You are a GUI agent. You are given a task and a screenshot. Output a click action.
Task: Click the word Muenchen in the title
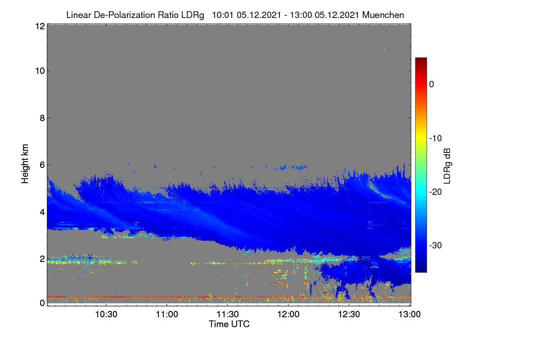tap(383, 15)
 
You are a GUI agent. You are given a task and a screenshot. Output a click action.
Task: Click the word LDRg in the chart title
tap(193, 15)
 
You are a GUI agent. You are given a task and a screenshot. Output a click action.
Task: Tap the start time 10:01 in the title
tap(223, 15)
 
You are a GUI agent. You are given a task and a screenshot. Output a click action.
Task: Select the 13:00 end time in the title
tap(301, 15)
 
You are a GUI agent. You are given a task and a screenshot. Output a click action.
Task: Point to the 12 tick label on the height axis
tap(40, 26)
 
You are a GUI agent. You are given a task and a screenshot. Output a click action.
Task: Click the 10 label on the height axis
tap(40, 71)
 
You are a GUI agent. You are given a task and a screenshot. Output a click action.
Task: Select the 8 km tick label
tap(42, 118)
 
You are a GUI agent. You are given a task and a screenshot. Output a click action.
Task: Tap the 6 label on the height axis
tap(42, 165)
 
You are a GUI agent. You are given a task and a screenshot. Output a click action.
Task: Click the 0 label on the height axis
tap(42, 303)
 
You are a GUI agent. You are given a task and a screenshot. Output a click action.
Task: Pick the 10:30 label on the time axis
tap(106, 314)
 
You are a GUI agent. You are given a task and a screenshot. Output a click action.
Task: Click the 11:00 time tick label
tap(167, 314)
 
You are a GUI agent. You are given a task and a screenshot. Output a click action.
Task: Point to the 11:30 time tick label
tap(228, 314)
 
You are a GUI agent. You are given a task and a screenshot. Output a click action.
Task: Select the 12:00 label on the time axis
tap(288, 314)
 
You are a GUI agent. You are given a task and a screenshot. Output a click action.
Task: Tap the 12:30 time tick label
tap(349, 314)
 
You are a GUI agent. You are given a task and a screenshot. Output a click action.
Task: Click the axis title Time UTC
tap(229, 324)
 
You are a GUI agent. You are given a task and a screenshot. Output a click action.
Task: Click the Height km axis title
tap(25, 164)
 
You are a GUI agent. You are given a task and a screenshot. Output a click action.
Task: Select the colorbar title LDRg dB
tap(447, 166)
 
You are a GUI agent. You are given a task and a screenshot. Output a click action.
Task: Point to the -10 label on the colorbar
tap(436, 139)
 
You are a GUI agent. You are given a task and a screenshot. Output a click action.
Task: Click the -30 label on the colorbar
tap(436, 245)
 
